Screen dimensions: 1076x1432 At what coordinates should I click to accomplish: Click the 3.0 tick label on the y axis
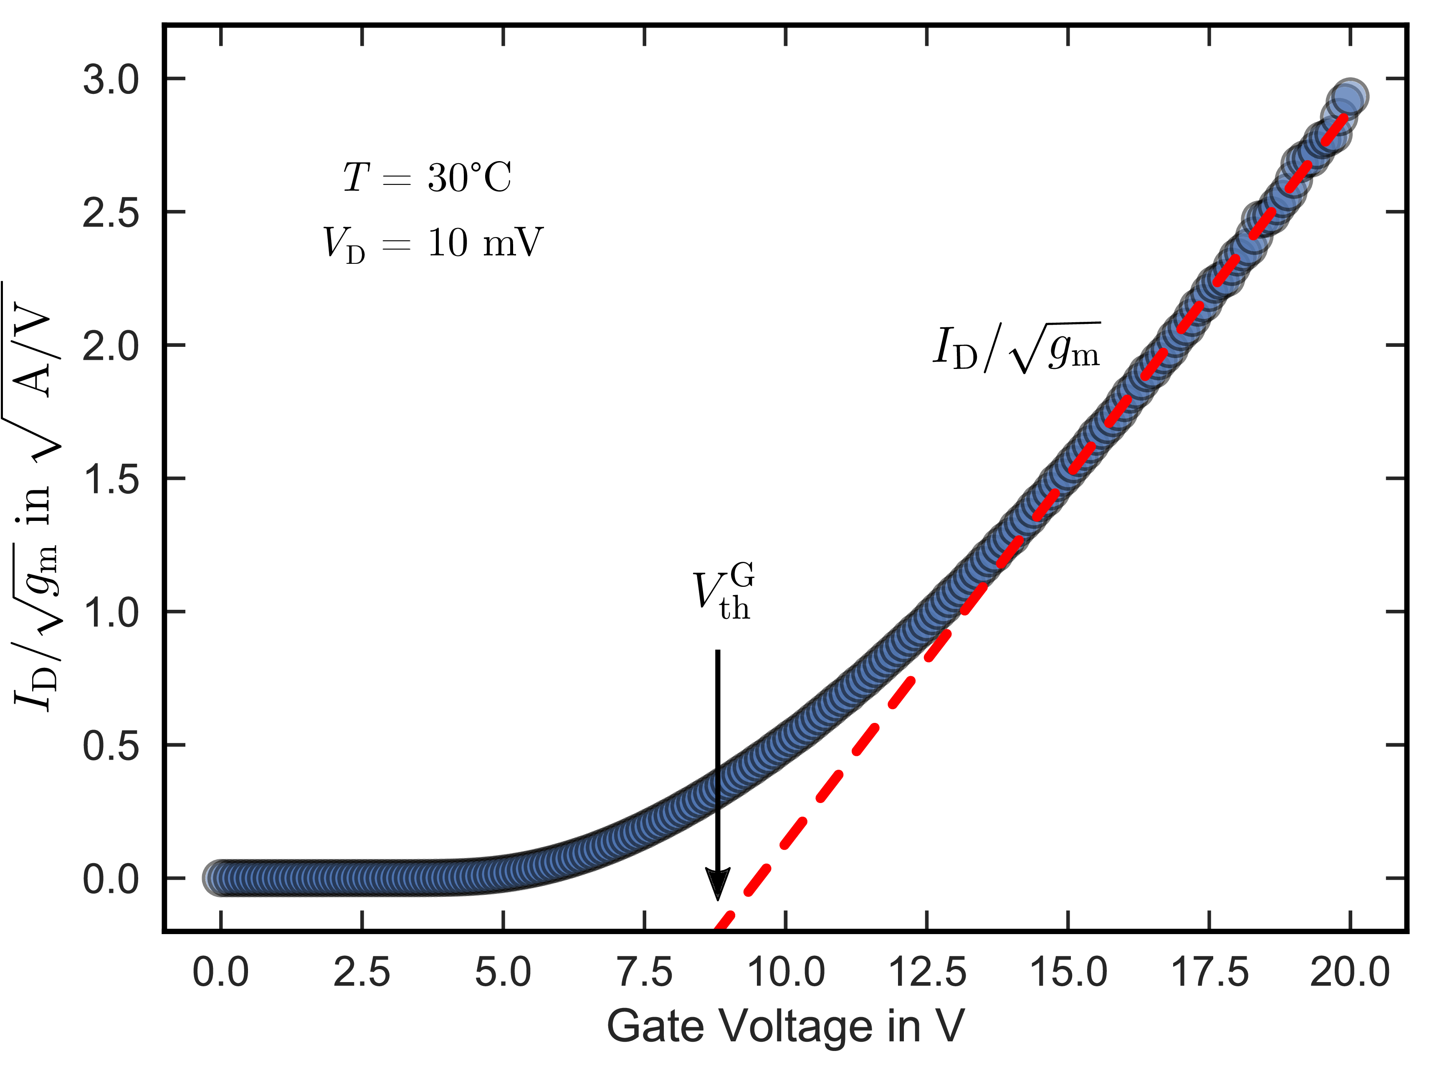pyautogui.click(x=111, y=81)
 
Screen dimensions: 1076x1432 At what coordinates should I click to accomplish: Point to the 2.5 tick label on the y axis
pyautogui.click(x=111, y=214)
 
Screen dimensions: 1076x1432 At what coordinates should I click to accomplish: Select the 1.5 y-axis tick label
pyautogui.click(x=111, y=480)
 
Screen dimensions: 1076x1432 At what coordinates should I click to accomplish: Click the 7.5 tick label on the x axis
pyautogui.click(x=644, y=972)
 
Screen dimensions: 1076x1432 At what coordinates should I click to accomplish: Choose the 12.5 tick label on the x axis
pyautogui.click(x=927, y=972)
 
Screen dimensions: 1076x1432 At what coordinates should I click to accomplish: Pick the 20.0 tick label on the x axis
pyautogui.click(x=1350, y=972)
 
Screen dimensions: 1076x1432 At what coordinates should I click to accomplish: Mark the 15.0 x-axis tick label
pyautogui.click(x=1068, y=972)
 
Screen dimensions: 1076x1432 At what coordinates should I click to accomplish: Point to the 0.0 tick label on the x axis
pyautogui.click(x=221, y=972)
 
